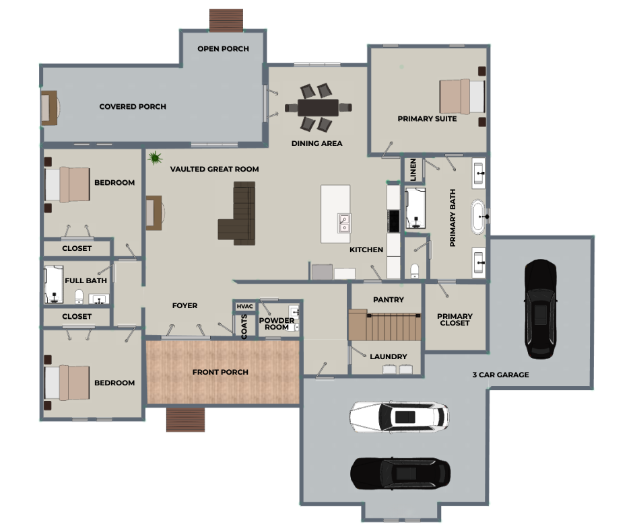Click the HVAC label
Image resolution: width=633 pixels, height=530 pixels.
tap(244, 307)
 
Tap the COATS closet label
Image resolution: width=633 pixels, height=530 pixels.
tap(244, 327)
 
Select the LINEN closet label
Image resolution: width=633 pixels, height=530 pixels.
tap(413, 169)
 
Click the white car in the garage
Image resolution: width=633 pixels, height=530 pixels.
tap(399, 416)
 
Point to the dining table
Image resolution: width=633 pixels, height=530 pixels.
tap(318, 108)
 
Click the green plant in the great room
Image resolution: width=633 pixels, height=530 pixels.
tap(155, 157)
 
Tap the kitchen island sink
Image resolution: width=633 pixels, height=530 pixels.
tap(344, 223)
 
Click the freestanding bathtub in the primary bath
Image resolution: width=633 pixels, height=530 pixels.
tap(478, 217)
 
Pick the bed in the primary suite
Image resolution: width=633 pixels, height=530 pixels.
tap(462, 96)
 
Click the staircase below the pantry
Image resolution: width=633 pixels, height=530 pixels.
tap(385, 325)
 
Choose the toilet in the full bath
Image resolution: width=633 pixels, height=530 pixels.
tap(79, 297)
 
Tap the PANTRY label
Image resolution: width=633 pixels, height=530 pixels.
tap(389, 300)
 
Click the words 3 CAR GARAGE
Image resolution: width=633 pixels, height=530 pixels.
tap(500, 375)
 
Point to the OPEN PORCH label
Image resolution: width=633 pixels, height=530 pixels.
tap(224, 49)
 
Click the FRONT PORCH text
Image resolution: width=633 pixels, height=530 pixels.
tap(220, 373)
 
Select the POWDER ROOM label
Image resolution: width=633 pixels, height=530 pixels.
tap(277, 324)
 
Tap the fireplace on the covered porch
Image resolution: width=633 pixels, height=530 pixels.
tap(50, 108)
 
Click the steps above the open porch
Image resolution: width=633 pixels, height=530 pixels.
tap(226, 20)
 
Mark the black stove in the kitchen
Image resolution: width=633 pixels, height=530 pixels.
tap(394, 221)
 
